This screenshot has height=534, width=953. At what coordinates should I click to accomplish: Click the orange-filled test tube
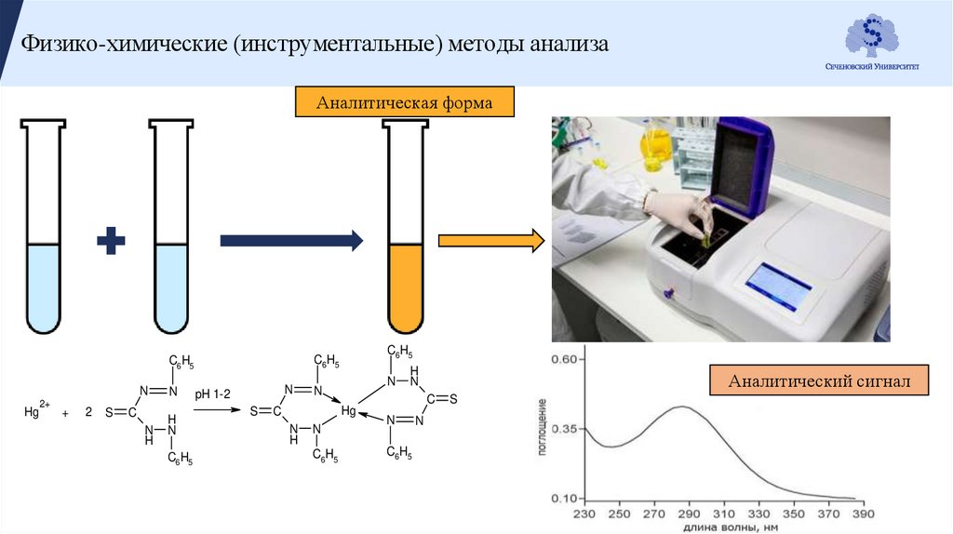click(x=406, y=279)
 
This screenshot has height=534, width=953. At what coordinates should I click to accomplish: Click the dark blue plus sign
click(x=112, y=243)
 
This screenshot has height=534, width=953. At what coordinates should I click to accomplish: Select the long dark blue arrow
click(x=290, y=241)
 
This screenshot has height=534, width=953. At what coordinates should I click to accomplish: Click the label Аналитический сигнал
click(x=819, y=380)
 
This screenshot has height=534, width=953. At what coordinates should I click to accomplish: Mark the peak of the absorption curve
click(x=683, y=406)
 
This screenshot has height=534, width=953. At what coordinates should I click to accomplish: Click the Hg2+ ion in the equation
click(x=38, y=410)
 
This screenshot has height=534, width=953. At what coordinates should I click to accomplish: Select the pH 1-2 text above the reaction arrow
click(x=213, y=394)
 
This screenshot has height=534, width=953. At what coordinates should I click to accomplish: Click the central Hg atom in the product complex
click(x=348, y=410)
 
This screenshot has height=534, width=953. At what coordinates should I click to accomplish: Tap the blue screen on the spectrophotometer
click(x=780, y=285)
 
